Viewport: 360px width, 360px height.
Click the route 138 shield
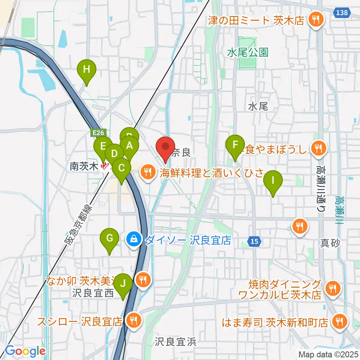(342, 13)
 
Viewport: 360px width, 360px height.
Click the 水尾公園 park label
(248, 52)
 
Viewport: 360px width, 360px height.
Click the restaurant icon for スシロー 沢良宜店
(133, 321)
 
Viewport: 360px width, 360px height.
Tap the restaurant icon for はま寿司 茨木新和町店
(340, 321)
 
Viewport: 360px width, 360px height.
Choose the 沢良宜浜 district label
(175, 342)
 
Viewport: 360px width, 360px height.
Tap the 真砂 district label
(330, 243)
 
